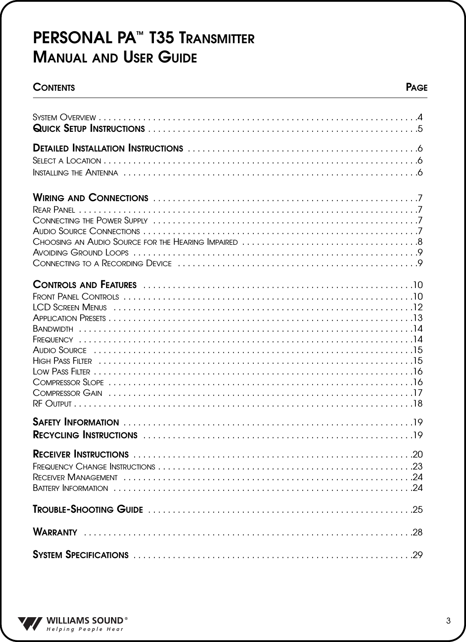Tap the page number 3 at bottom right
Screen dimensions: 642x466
tap(448, 621)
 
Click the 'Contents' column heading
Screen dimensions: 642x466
tap(54, 88)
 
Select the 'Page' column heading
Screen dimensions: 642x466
tap(416, 88)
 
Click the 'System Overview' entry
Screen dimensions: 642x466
tap(64, 117)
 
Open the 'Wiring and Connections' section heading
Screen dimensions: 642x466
tap(91, 198)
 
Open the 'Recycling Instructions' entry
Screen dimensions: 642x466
tap(85, 436)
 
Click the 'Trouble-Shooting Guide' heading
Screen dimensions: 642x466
tap(88, 510)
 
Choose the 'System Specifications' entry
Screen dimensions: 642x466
tap(81, 556)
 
